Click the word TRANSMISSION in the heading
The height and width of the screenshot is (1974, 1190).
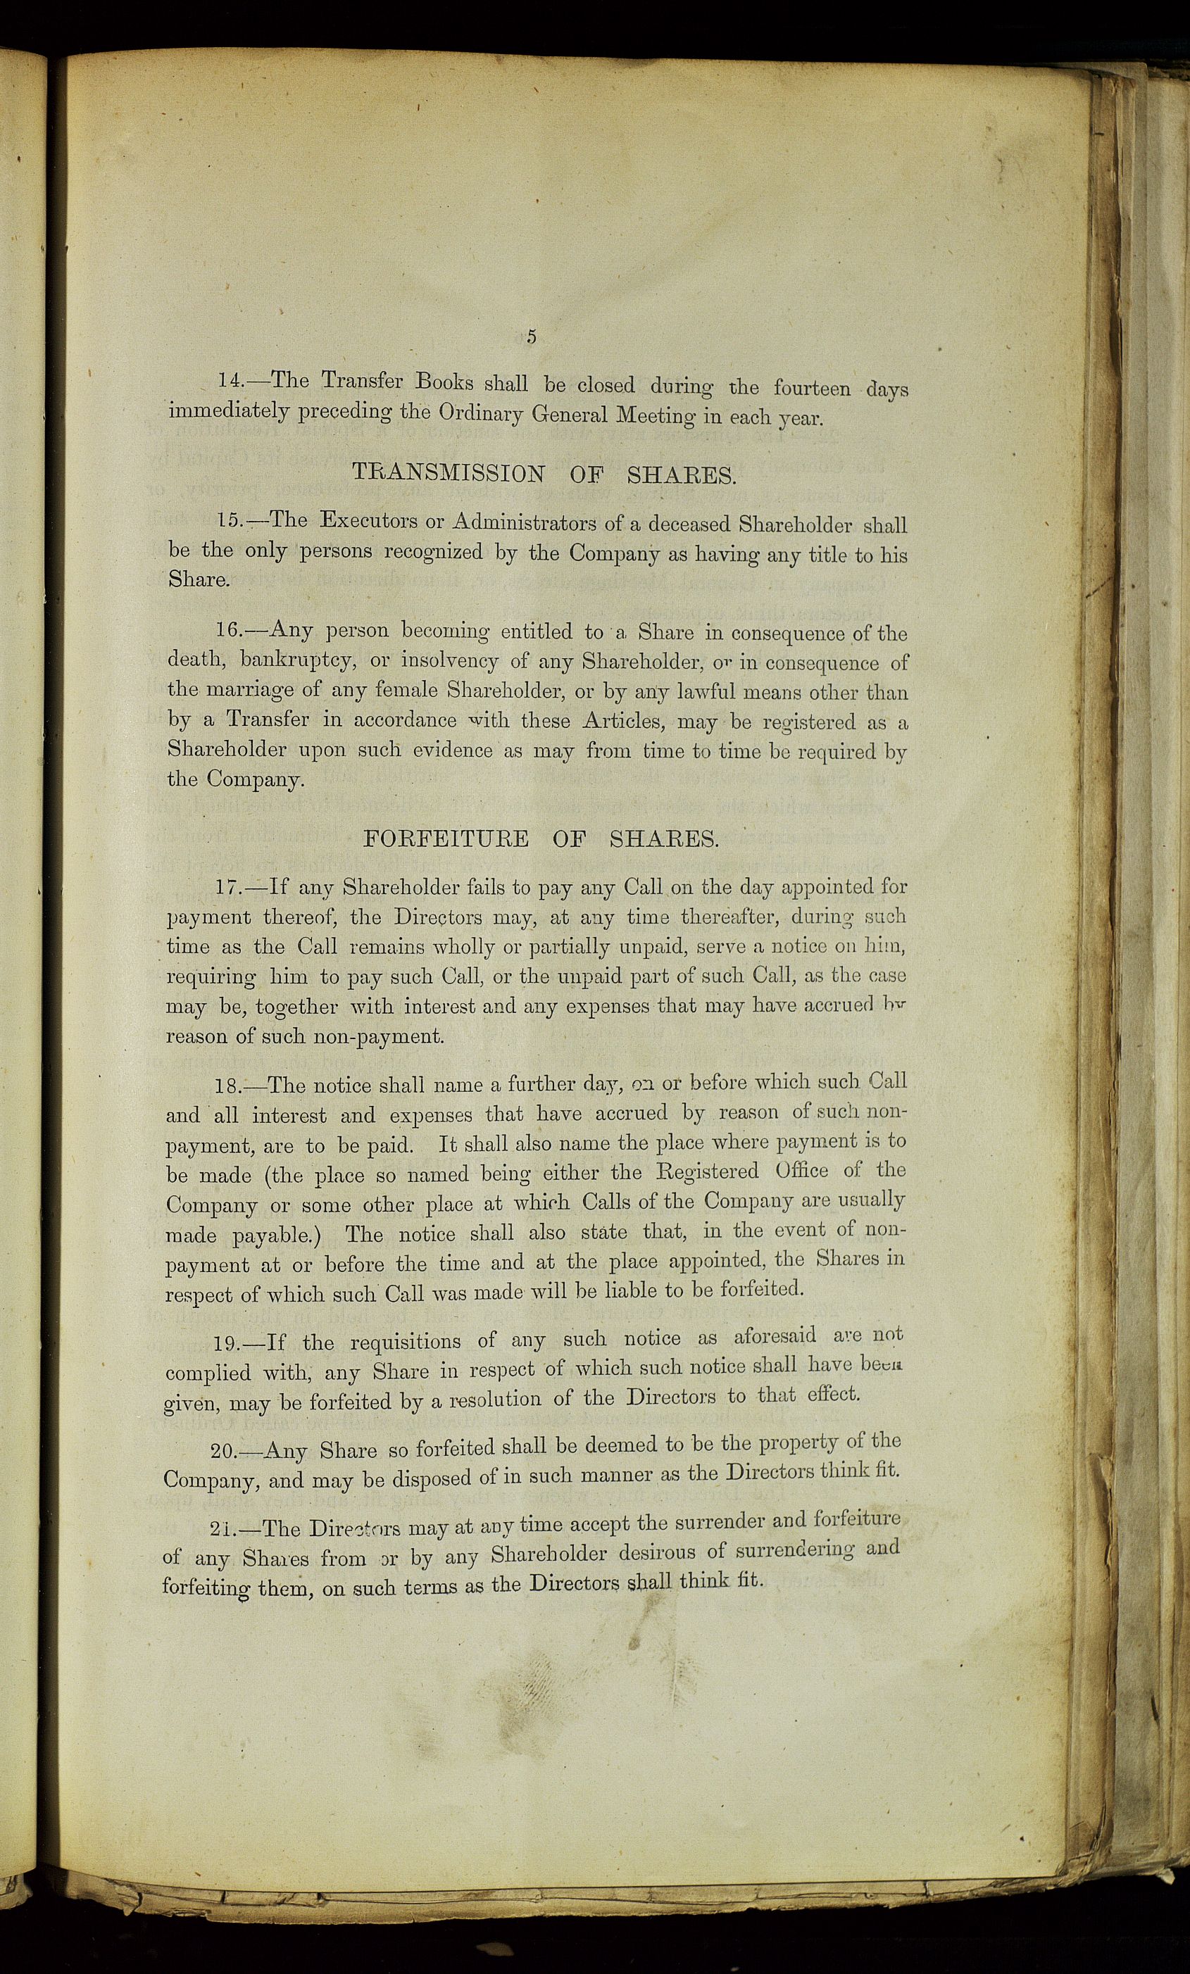click(448, 474)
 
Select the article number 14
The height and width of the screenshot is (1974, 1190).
click(230, 381)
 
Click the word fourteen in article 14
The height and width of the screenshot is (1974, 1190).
click(812, 389)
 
